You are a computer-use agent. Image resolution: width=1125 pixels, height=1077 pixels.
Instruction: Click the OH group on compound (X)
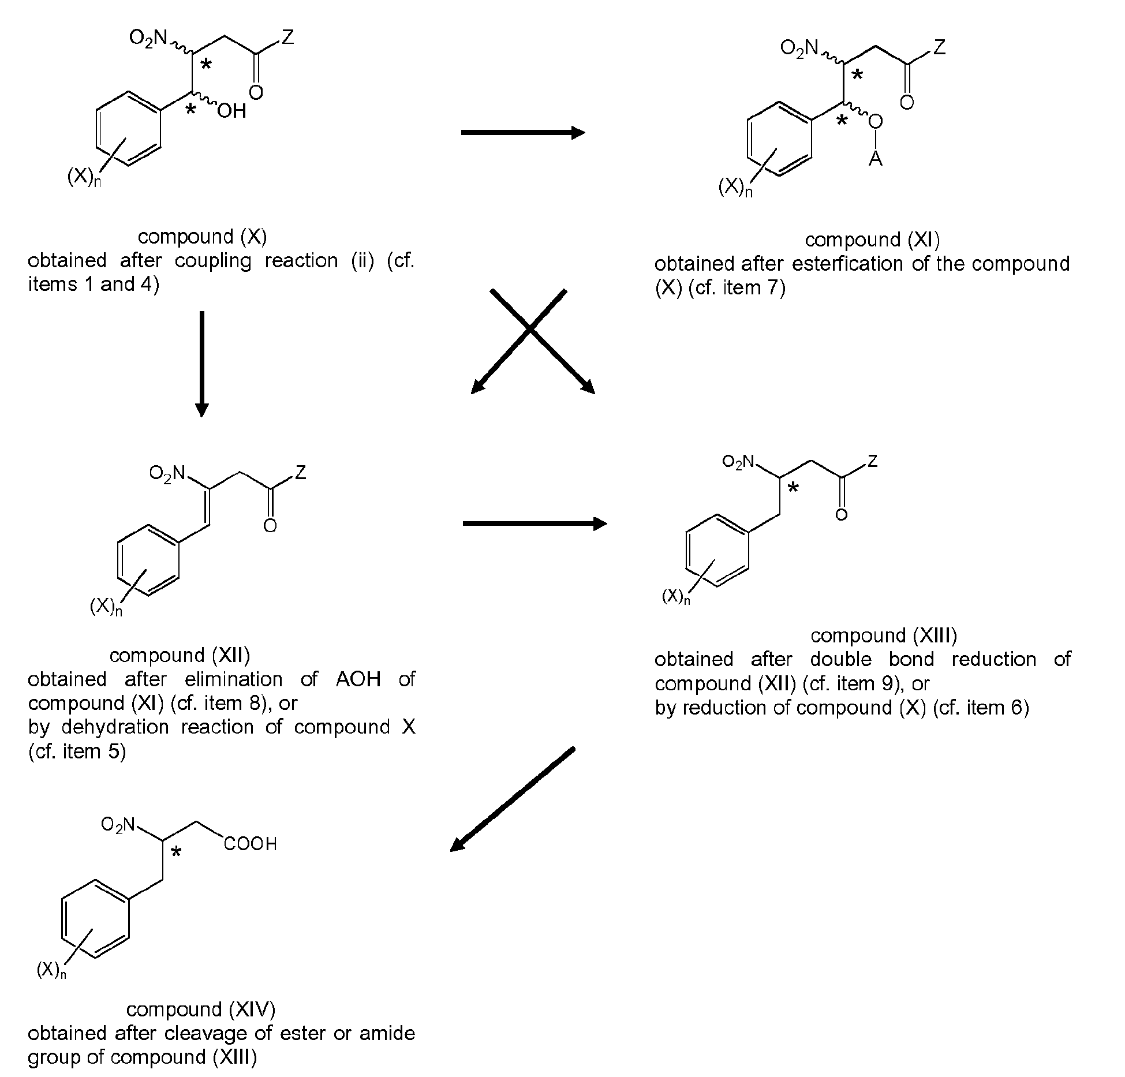point(231,110)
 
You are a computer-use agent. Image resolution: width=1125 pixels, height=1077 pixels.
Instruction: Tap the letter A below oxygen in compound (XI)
point(875,158)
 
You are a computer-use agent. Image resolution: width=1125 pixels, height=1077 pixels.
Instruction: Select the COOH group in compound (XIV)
point(251,844)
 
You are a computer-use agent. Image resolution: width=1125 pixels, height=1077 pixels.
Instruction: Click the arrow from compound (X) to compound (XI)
point(522,133)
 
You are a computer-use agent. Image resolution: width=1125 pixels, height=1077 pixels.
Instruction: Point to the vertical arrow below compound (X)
point(201,363)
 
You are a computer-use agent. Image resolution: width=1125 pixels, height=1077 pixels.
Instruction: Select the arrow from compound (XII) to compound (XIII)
point(535,523)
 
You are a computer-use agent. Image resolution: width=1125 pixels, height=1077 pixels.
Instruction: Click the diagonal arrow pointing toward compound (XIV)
point(512,799)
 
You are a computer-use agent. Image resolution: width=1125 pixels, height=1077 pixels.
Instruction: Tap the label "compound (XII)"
point(180,655)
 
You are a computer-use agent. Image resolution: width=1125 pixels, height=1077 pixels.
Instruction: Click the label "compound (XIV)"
point(201,1009)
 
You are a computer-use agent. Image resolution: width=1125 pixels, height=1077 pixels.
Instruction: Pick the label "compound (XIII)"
point(884,635)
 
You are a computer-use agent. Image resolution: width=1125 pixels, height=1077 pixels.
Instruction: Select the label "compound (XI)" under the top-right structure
point(872,240)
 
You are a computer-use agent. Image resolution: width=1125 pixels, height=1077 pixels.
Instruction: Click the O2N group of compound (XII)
point(167,474)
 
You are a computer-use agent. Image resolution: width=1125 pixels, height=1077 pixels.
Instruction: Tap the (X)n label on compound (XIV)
point(51,970)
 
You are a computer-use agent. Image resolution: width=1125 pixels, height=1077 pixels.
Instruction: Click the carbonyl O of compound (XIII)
point(841,514)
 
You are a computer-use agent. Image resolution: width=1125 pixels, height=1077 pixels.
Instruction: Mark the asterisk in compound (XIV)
point(176,852)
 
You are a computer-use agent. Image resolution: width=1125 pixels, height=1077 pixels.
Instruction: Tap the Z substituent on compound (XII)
point(300,473)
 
